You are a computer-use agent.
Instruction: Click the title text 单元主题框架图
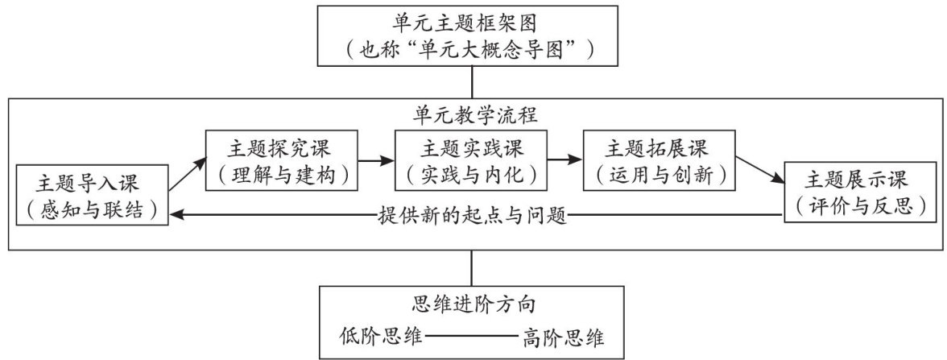point(472,24)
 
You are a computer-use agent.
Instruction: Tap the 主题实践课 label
point(470,147)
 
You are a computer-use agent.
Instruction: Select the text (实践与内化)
point(470,174)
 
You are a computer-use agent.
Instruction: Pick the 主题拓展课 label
point(660,147)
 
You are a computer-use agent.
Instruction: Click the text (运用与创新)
point(660,174)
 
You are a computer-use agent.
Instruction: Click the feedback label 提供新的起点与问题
point(473,215)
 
